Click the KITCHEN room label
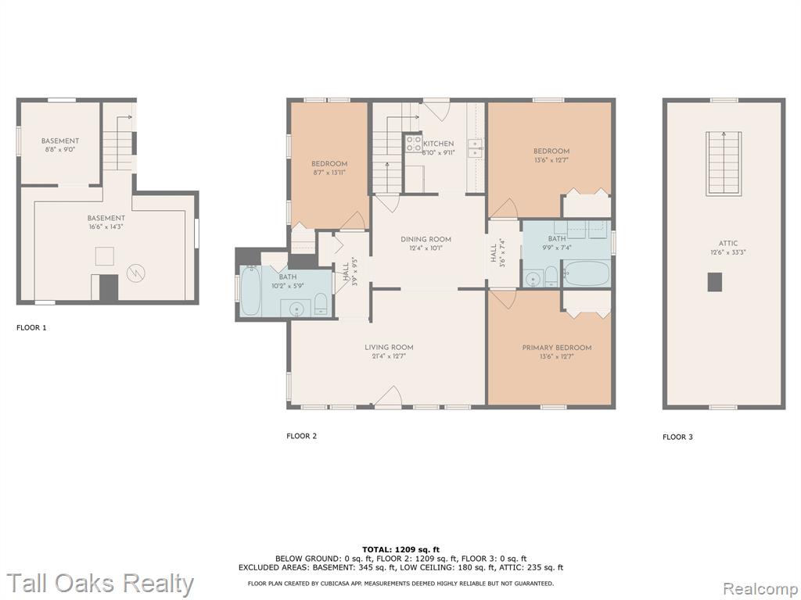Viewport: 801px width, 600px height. [438, 144]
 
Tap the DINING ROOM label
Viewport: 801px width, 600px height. [426, 239]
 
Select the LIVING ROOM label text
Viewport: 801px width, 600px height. [389, 348]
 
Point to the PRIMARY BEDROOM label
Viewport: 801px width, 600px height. [557, 348]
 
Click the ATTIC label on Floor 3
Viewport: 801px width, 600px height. [728, 244]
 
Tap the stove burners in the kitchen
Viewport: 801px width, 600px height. [413, 144]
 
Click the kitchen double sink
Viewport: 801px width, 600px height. [475, 148]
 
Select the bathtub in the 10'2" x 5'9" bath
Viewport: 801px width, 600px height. [251, 291]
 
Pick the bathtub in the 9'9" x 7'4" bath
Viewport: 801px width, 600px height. [587, 273]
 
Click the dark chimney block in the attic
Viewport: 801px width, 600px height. [715, 282]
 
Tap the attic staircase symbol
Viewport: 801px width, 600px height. [724, 163]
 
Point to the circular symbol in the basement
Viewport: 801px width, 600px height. [136, 273]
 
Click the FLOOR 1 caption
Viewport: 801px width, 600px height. [31, 327]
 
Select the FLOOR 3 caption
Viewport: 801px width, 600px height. [678, 437]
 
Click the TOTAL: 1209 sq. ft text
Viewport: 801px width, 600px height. [400, 549]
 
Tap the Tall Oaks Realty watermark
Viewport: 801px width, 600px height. [101, 583]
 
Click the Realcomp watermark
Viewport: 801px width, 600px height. [761, 589]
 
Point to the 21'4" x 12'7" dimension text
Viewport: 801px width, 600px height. [389, 356]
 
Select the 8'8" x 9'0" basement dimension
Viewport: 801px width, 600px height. [60, 150]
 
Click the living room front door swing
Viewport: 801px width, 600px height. [390, 396]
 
